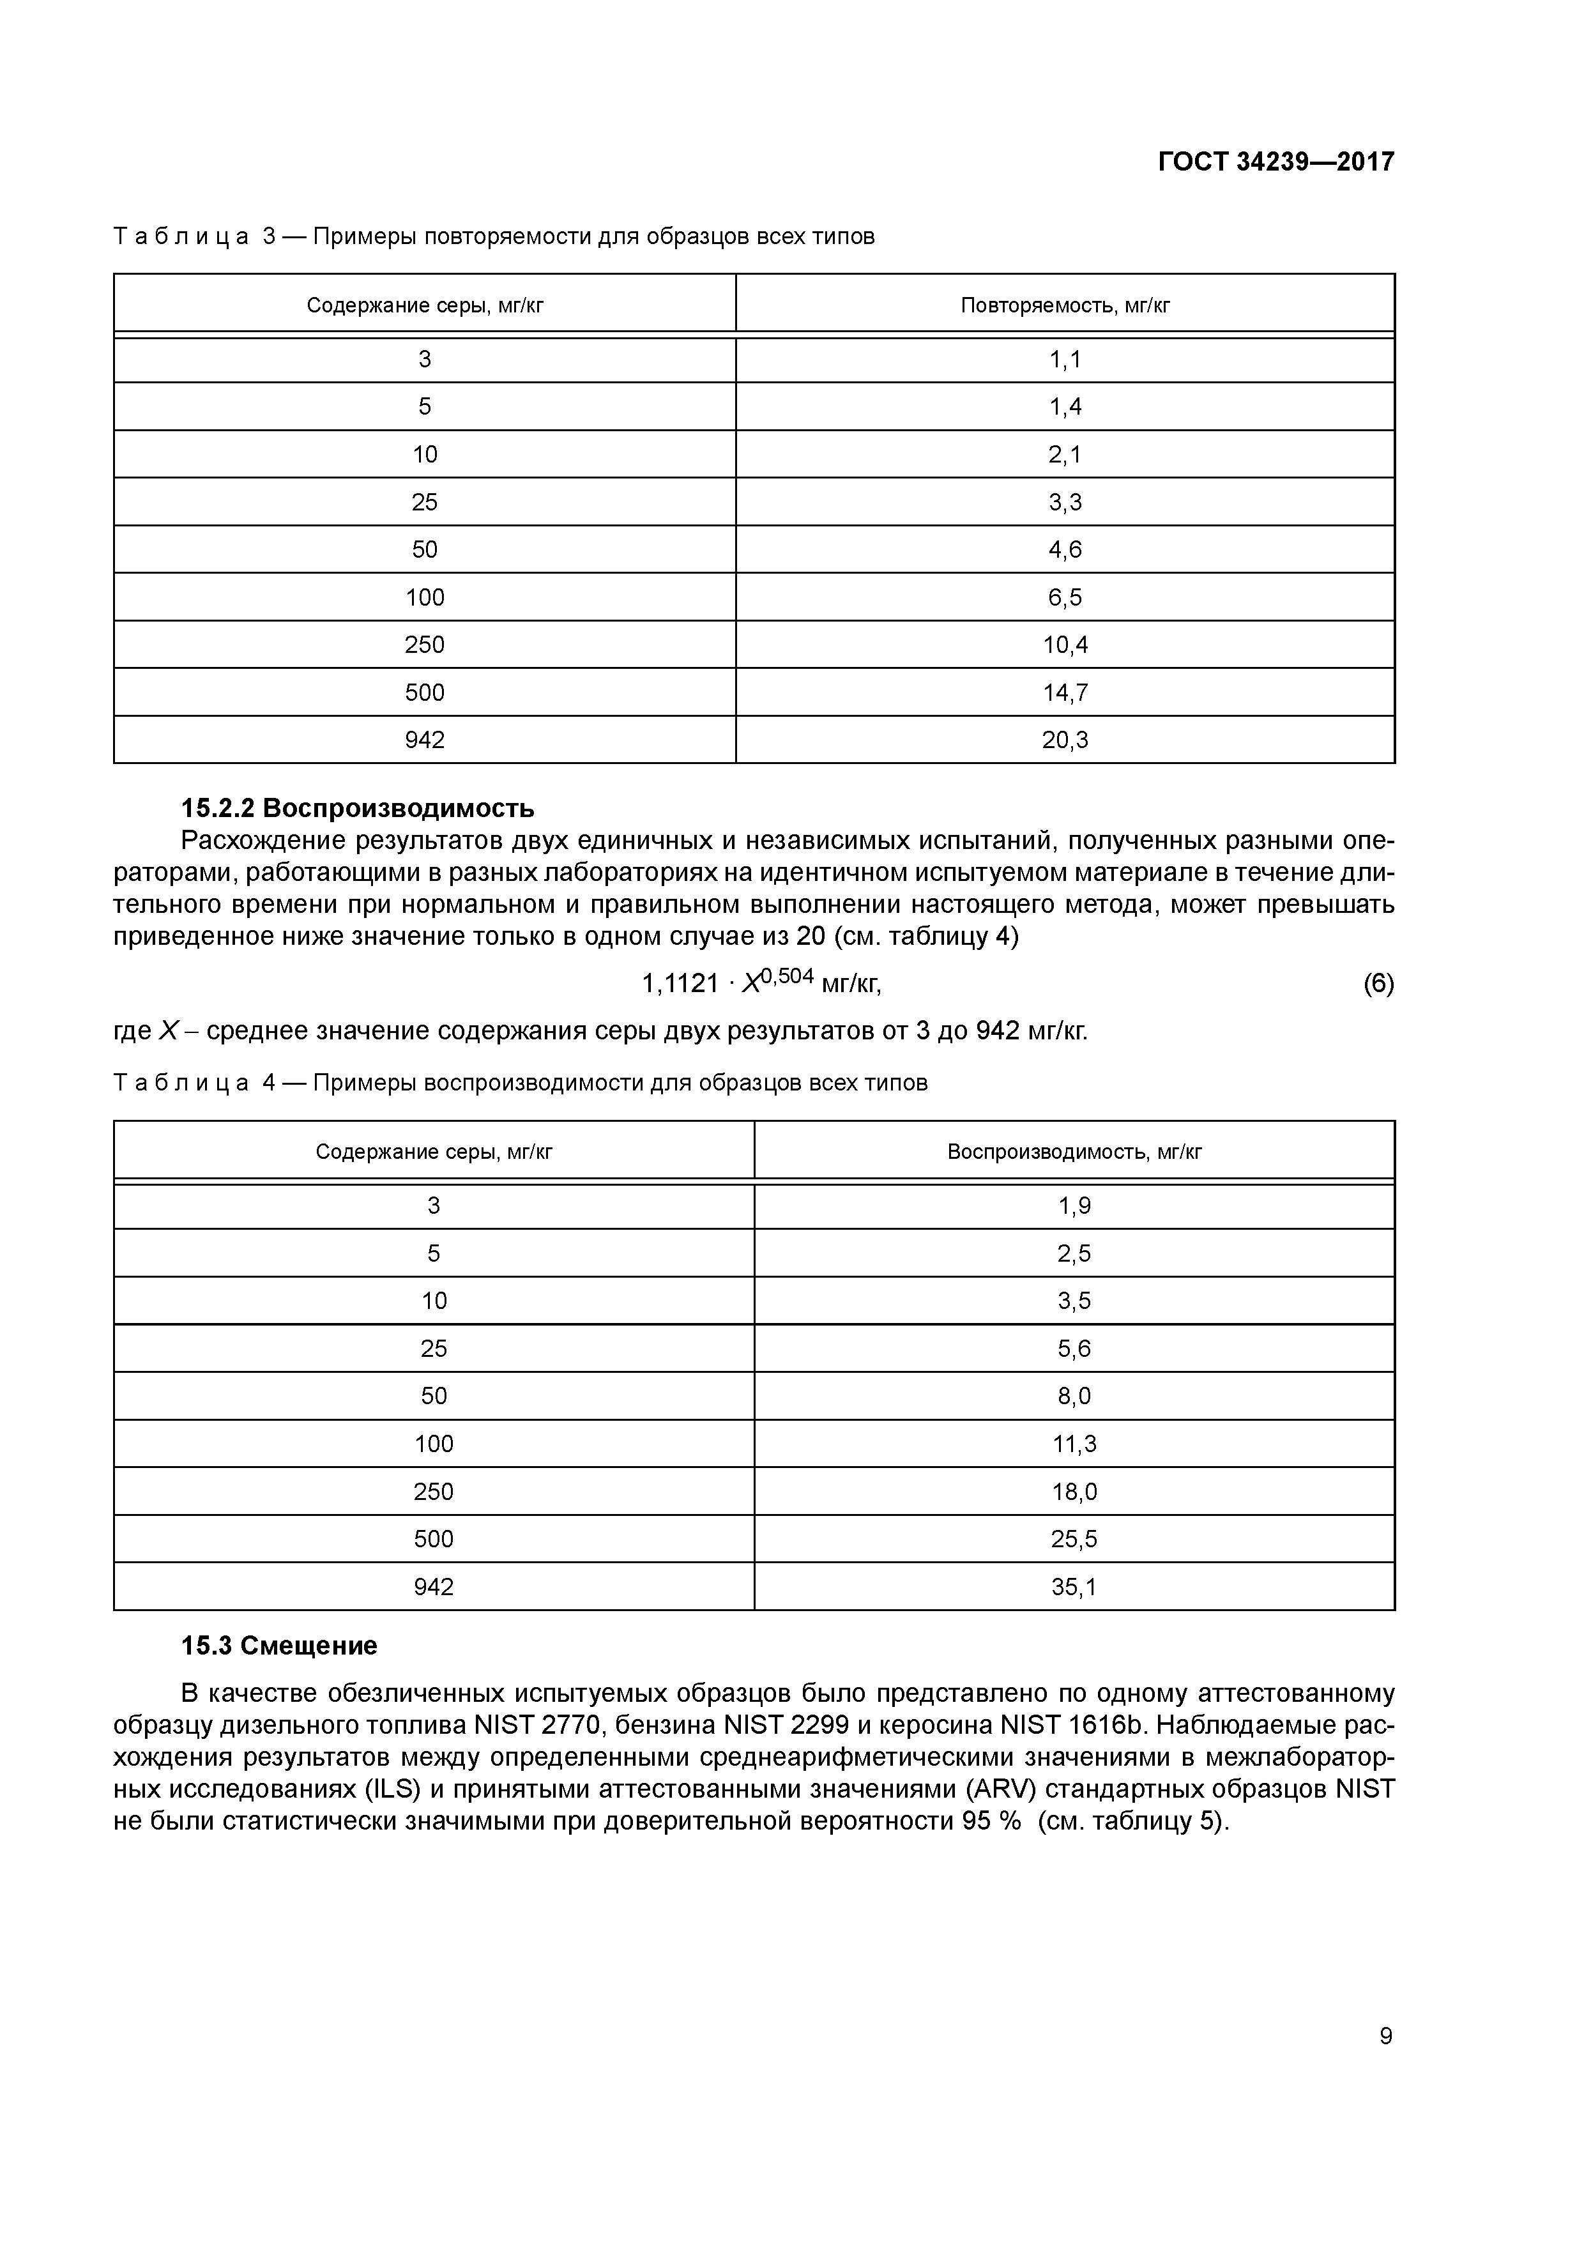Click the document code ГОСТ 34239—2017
point(1276,161)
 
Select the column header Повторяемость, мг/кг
point(1065,305)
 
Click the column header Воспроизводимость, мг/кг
point(1074,1152)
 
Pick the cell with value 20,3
point(1065,740)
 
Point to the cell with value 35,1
point(1074,1587)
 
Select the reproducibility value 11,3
point(1074,1444)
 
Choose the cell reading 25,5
point(1074,1539)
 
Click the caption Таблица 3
point(195,236)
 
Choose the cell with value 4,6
point(1065,549)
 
